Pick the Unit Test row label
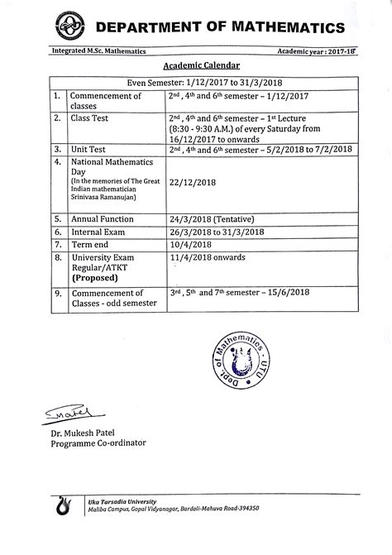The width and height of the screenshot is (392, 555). (x=90, y=148)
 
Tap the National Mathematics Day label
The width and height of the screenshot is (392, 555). (x=109, y=166)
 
